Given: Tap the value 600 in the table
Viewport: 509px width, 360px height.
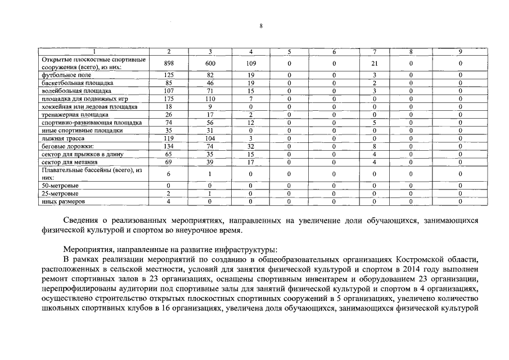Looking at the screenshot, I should (211, 64).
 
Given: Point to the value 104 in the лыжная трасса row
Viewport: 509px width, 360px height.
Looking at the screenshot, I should (211, 138).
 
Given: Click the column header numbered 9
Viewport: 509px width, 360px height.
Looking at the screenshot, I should (460, 52).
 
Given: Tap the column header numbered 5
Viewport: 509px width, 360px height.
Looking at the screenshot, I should (289, 52).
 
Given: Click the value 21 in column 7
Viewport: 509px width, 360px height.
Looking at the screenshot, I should (374, 64).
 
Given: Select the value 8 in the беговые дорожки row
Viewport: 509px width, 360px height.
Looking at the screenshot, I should (374, 146).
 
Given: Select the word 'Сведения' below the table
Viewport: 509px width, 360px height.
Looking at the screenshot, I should (82, 220).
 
